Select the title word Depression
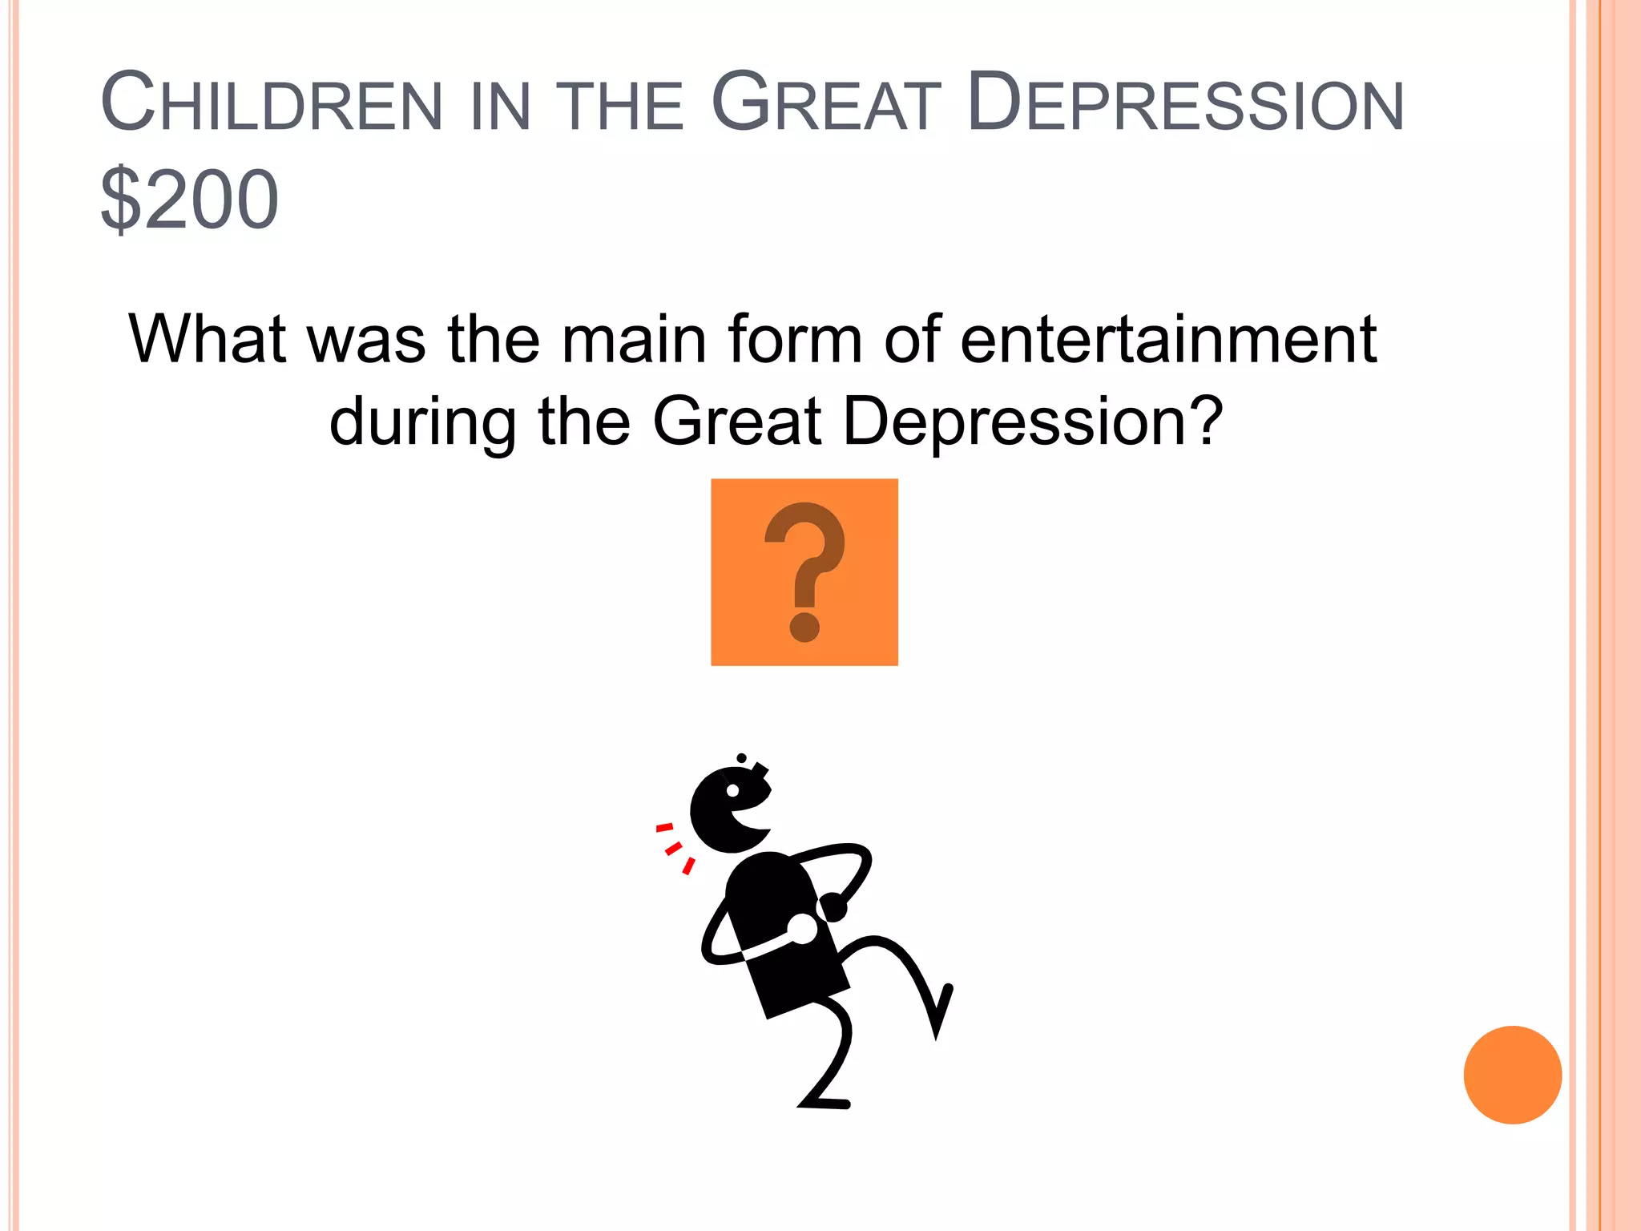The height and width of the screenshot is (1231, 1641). point(1185,103)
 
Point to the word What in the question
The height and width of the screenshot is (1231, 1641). point(207,339)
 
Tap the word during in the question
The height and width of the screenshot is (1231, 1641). point(422,422)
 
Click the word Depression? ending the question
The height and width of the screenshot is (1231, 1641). point(1033,422)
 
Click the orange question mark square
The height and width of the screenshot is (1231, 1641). point(804,571)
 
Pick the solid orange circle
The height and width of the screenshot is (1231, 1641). point(1512,1075)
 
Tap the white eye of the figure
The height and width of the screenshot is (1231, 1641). point(732,791)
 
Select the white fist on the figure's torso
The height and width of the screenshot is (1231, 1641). point(802,929)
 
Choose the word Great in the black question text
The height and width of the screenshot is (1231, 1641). point(736,422)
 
